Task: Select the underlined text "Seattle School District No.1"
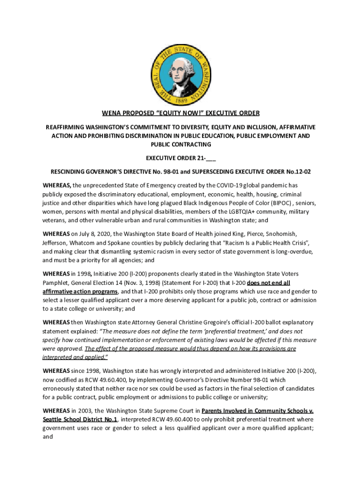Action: (x=80, y=420)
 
